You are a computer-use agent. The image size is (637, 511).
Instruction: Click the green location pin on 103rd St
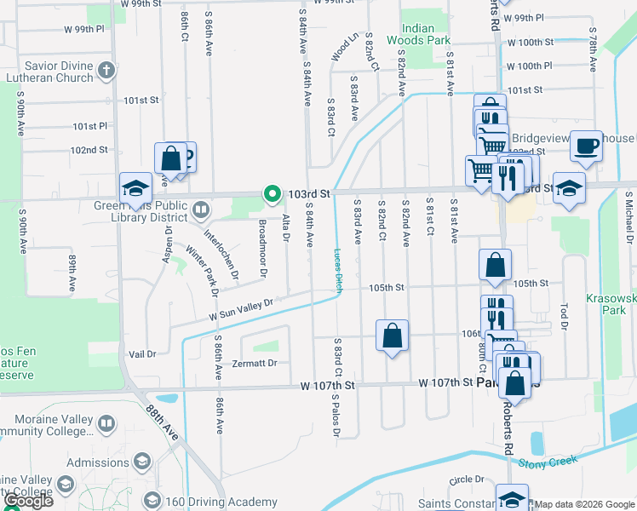(272, 195)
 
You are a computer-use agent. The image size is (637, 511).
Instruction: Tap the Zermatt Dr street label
(255, 364)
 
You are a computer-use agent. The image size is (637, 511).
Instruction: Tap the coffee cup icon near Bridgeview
(586, 146)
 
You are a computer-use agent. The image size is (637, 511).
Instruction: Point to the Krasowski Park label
(611, 305)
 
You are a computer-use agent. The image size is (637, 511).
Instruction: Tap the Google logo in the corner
(27, 501)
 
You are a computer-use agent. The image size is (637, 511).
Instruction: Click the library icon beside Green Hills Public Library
(200, 208)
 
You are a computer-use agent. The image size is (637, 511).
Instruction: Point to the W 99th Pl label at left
(83, 28)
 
